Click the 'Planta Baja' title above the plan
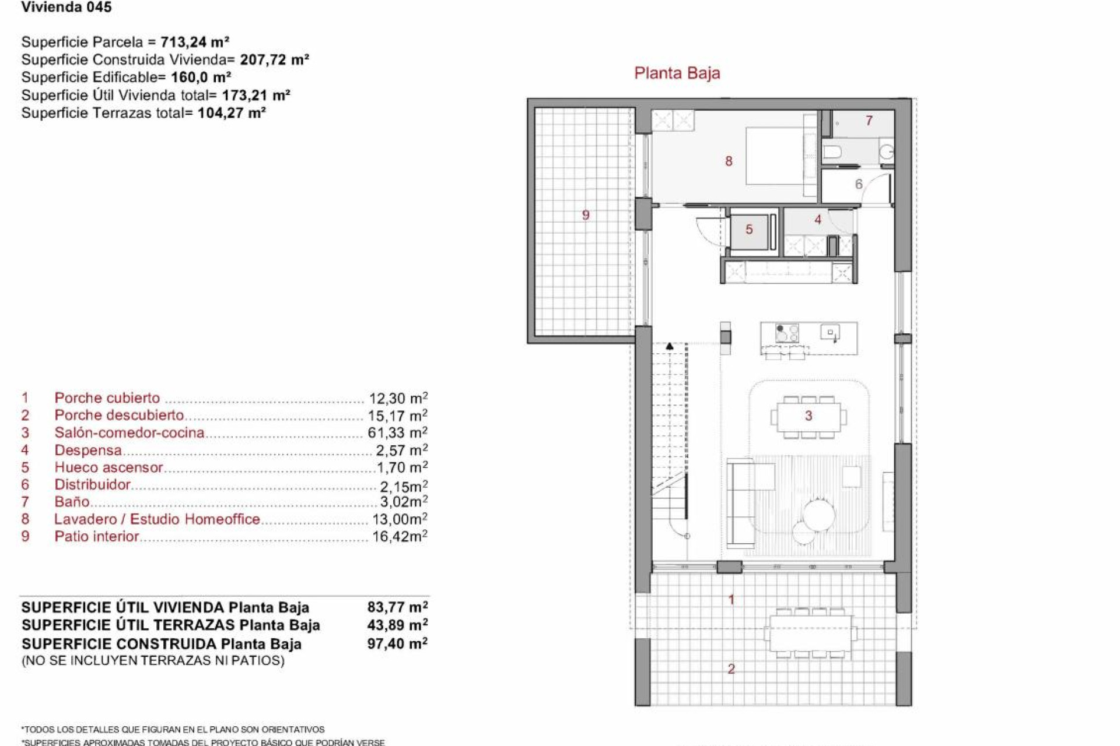tap(677, 73)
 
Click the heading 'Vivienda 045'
tap(66, 8)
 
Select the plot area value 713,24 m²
tap(195, 42)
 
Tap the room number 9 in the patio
tap(586, 215)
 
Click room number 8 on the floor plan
tap(729, 161)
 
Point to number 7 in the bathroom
tap(869, 121)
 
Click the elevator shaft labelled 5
tap(749, 230)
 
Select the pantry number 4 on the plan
tap(818, 220)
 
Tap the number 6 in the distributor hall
tap(859, 185)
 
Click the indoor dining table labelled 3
tap(808, 416)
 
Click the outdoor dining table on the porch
tap(810, 633)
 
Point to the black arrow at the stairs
tap(670, 347)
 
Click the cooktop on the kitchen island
tap(787, 333)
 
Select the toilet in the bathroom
tap(832, 153)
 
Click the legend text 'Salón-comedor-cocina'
tap(129, 433)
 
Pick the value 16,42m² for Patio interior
tap(400, 536)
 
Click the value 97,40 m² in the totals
tap(397, 643)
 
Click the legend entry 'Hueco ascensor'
tap(108, 467)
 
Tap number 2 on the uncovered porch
tap(731, 669)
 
